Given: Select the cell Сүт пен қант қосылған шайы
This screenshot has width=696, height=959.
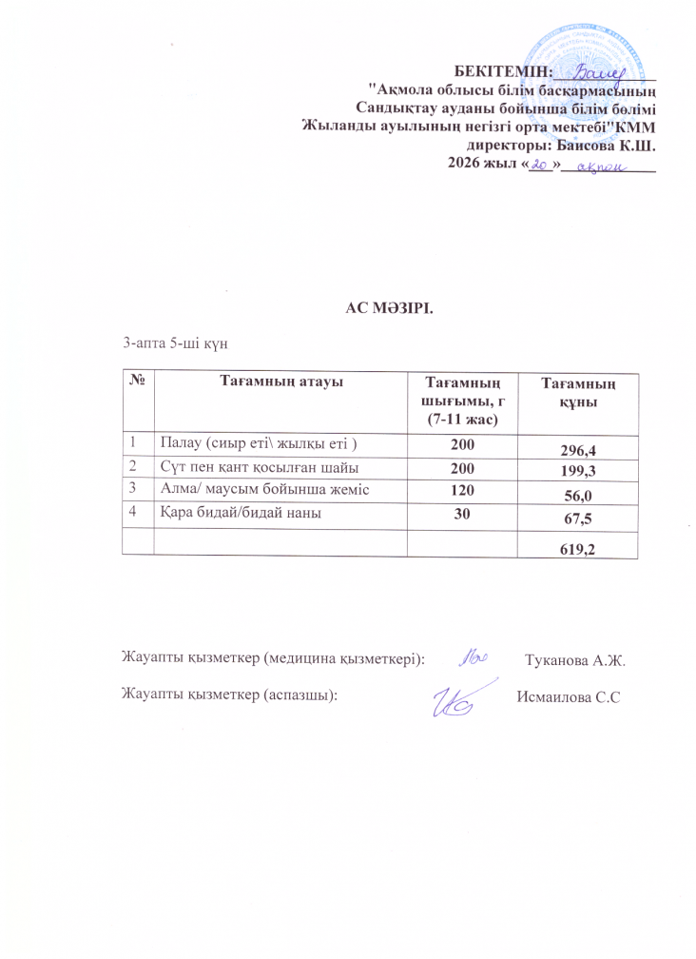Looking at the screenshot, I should point(252,467).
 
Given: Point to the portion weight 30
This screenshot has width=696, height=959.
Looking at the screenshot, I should point(461,513).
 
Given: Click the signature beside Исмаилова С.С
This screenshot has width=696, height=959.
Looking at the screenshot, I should point(460,699).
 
